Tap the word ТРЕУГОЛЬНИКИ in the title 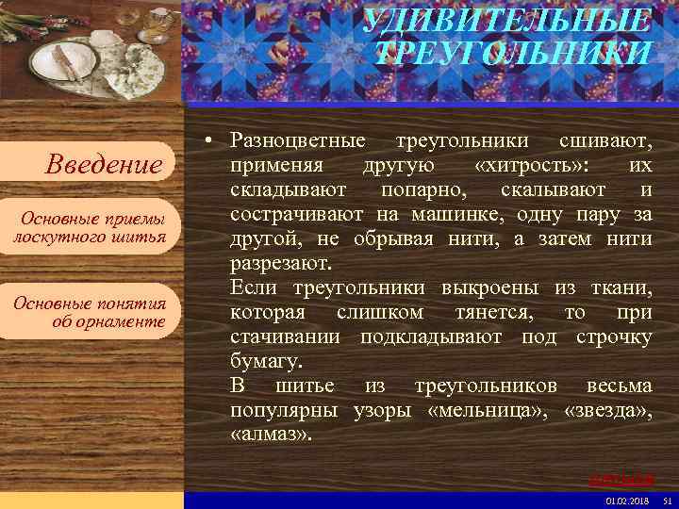(512, 53)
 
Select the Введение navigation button (105, 165)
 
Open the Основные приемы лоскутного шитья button (89, 227)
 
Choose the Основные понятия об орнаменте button (90, 312)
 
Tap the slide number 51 (667, 500)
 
